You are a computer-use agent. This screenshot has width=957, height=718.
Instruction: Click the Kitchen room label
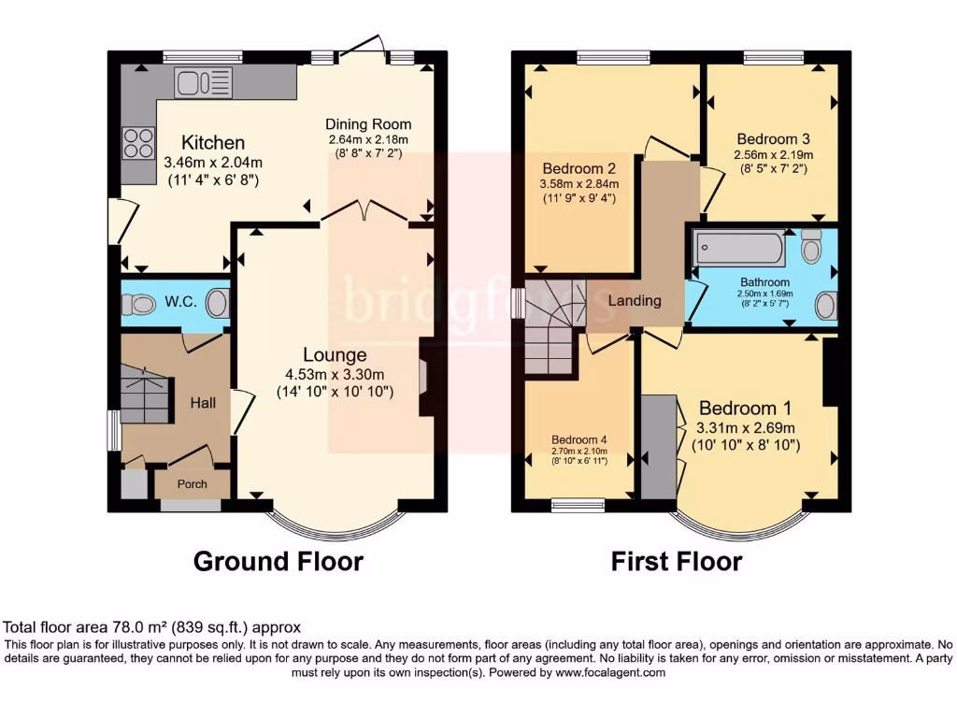point(212,143)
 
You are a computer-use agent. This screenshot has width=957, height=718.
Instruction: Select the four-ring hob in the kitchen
point(138,143)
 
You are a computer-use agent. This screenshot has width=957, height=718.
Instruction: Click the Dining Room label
point(368,124)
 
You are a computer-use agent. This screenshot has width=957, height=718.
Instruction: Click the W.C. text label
point(179,302)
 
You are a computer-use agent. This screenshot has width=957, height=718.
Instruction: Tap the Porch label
point(193,484)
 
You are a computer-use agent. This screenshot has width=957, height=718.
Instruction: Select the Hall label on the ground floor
point(203,403)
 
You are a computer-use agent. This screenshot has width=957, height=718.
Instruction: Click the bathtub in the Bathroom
point(739,250)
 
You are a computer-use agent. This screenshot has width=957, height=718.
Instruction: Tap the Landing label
point(635,301)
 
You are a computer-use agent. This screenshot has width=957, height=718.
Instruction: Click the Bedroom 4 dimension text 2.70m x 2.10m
point(579,451)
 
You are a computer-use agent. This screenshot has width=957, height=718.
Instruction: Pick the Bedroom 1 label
point(745,409)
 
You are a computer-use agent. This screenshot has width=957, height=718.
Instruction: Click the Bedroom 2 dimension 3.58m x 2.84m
point(578,184)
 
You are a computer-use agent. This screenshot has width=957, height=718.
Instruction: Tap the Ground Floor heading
point(278,562)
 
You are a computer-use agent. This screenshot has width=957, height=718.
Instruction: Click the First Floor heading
point(677,562)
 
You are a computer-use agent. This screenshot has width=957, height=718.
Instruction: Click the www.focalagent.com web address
point(610,672)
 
